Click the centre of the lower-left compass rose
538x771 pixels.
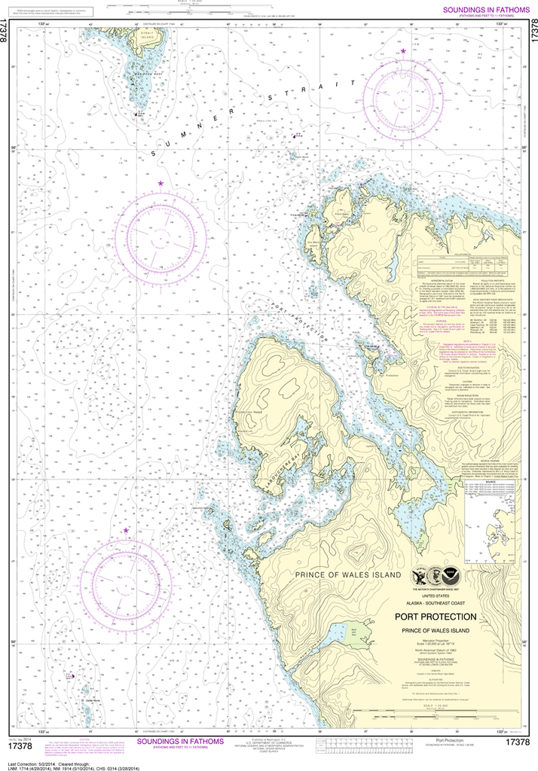pos(127,578)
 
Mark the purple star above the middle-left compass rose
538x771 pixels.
pos(160,184)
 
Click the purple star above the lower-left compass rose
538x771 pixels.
pos(127,531)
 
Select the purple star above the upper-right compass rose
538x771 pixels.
pos(403,50)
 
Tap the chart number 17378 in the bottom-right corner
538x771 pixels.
pos(519,742)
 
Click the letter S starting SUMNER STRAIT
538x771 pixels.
pos(155,154)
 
